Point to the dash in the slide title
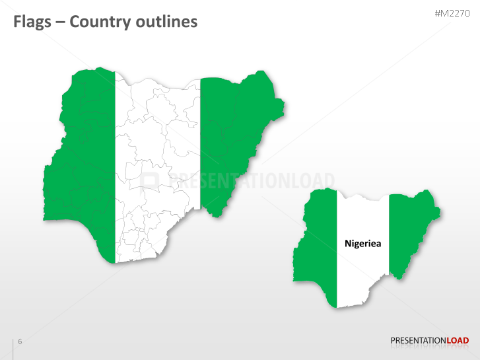pos(61,22)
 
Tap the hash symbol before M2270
pos(438,13)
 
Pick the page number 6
pos(20,342)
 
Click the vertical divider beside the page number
pos(13,348)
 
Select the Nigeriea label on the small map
pos(363,243)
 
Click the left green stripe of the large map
pos(83,165)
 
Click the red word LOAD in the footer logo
pos(458,341)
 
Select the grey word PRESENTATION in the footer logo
pos(419,341)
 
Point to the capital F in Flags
pos(18,22)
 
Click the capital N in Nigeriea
pos(348,243)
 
